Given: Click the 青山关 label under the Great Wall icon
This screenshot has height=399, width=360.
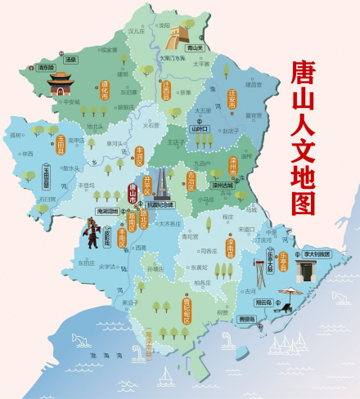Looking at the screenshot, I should (x=194, y=47).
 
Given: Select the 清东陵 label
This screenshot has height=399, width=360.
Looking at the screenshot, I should (x=47, y=67).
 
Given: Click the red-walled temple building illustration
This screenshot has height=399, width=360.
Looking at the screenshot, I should (x=59, y=82).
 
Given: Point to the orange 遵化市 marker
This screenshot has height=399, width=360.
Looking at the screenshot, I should (x=104, y=88).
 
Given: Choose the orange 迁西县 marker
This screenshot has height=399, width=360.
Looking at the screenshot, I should (x=166, y=89).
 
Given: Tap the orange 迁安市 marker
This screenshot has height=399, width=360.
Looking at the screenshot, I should (x=232, y=100).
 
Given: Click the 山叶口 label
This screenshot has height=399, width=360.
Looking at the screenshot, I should (x=200, y=128).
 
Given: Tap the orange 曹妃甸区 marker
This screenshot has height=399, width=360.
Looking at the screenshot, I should (x=187, y=308).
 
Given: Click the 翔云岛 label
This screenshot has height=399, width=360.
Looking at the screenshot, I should (x=284, y=302).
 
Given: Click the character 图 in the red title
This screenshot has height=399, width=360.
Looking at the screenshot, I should (x=306, y=201).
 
